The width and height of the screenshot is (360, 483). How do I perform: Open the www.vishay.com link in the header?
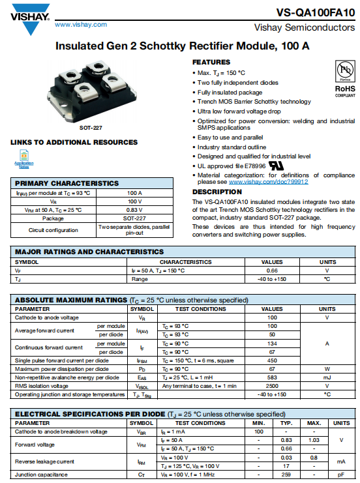tap(81, 24)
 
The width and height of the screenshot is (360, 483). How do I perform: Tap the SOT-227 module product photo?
tap(89, 91)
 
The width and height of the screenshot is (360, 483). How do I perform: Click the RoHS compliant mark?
tap(344, 89)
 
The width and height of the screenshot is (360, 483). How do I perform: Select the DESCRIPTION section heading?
tap(217, 192)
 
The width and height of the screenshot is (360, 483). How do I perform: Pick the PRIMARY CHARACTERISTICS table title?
tap(67, 183)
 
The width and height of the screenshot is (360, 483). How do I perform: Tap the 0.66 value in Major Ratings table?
tap(272, 270)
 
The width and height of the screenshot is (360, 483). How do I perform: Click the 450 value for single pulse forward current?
tap(272, 360)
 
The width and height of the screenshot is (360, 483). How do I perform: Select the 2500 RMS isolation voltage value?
tap(272, 385)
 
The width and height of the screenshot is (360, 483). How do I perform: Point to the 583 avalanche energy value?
tap(272, 377)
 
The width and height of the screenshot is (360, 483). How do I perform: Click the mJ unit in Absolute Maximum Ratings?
tap(327, 377)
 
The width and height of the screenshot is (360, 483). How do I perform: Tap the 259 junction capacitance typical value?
tap(285, 475)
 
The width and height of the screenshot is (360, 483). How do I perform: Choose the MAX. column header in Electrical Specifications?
tap(313, 423)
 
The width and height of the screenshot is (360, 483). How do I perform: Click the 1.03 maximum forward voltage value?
tap(313, 440)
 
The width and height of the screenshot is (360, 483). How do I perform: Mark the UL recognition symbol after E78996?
tap(277, 166)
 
